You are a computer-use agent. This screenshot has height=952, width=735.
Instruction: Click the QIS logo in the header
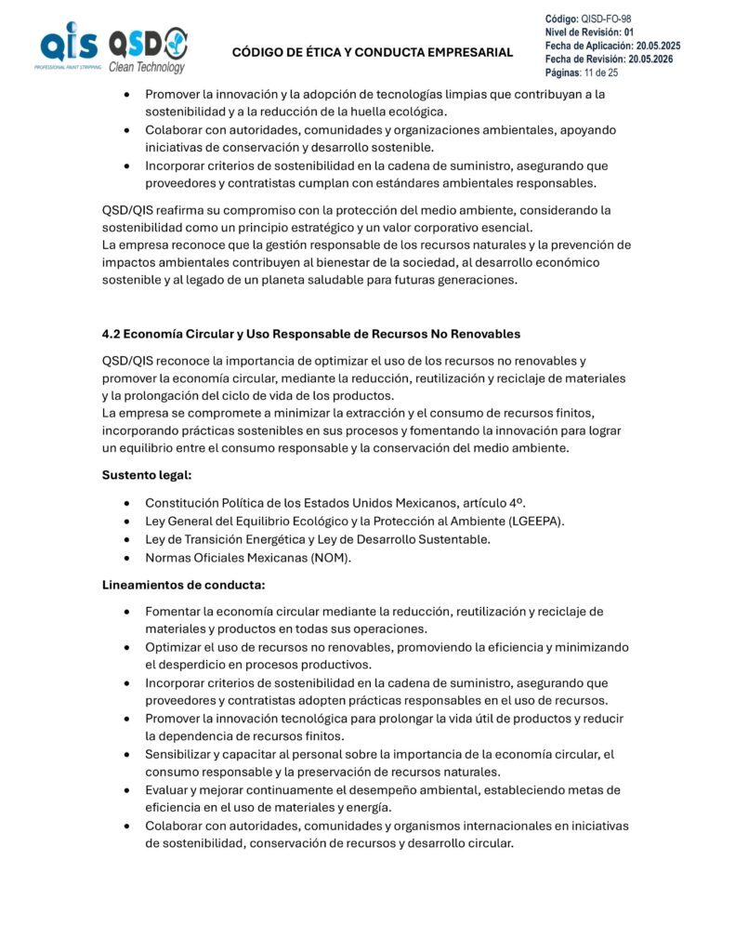coord(67,47)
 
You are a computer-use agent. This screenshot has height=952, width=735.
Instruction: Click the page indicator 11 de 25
coord(600,72)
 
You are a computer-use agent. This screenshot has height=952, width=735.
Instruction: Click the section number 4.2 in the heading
coord(111,334)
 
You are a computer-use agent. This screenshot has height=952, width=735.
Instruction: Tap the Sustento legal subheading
coord(147,475)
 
